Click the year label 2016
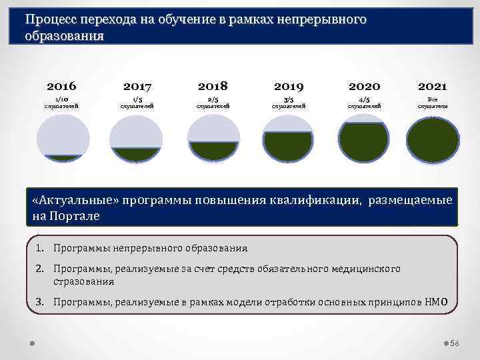tap(61, 86)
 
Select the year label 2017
tap(137, 87)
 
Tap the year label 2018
tap(213, 86)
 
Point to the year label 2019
tap(289, 87)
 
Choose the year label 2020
tap(364, 87)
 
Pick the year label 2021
tap(433, 87)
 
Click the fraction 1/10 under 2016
tap(61, 99)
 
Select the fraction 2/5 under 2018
tap(213, 99)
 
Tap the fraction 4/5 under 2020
tap(364, 99)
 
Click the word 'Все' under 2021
tap(433, 99)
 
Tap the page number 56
tap(455, 343)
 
